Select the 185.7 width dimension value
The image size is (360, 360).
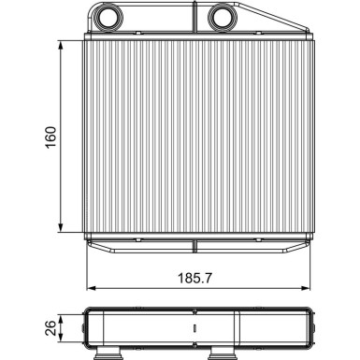[195, 279]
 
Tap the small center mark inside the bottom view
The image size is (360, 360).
[194, 328]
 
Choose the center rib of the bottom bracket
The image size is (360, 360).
[194, 246]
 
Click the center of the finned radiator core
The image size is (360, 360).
[194, 137]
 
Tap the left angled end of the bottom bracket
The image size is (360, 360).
[94, 246]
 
